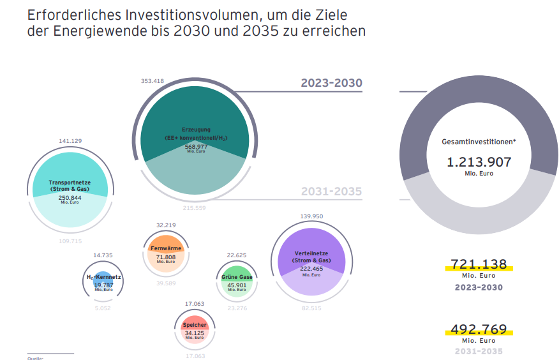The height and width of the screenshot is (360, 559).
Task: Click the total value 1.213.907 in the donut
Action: pos(479,161)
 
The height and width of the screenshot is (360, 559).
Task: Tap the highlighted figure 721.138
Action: pos(479,264)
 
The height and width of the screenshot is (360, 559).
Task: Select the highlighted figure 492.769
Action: pos(479,329)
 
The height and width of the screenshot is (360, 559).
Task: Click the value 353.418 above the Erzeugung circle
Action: pos(153,81)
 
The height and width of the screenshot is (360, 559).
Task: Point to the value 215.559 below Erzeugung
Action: pos(195,208)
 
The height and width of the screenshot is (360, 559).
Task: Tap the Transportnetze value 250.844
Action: pos(71,198)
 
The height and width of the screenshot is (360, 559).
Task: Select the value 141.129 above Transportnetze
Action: pos(70,140)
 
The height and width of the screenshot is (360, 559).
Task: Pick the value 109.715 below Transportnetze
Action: pos(71,241)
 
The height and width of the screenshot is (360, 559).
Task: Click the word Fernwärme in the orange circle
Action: pos(166,248)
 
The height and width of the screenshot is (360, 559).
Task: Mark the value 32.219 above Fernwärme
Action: pos(166,225)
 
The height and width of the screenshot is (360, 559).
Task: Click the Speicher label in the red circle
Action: pos(195,326)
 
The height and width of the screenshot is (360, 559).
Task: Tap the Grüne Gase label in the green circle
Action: pos(237,278)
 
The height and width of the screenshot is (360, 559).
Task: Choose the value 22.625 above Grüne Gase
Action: pos(237,255)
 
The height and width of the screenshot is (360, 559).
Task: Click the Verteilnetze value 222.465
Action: pos(311,269)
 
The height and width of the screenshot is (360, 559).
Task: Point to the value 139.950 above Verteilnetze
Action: pos(311,216)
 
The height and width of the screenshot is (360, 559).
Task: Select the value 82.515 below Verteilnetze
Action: pos(311,308)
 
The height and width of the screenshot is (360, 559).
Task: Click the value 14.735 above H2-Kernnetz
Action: pos(103,255)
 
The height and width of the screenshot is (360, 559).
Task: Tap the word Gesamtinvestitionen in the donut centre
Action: pos(479,142)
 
